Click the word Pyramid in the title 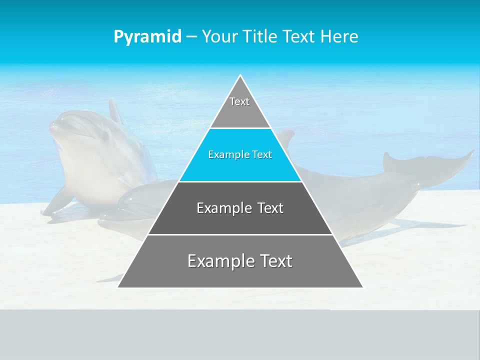(147, 37)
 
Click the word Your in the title (219, 36)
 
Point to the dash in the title (191, 37)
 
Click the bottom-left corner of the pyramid (118, 287)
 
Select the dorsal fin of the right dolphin (285, 137)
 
